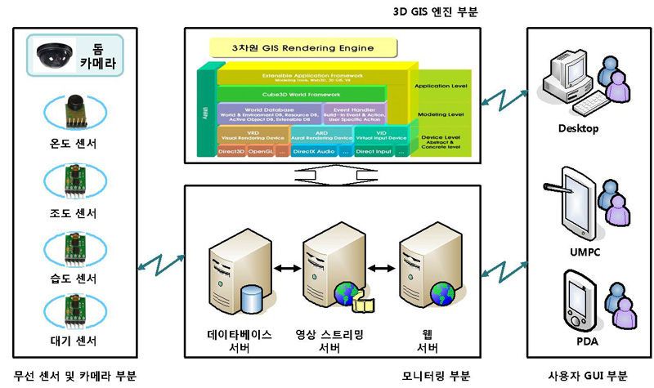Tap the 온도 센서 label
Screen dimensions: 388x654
(x=74, y=145)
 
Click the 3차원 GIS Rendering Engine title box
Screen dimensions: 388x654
(x=292, y=49)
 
